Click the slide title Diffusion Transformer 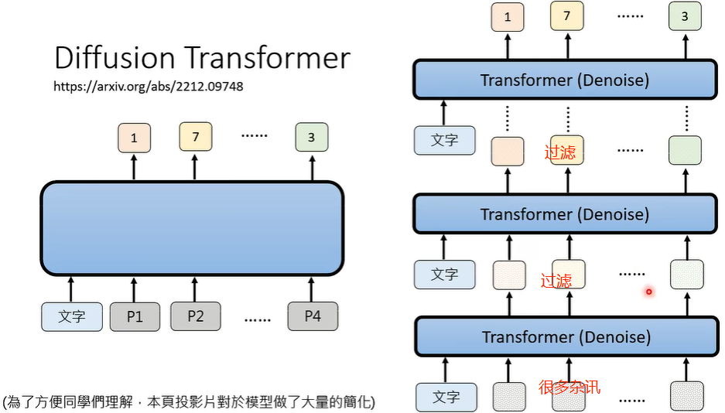coord(202,59)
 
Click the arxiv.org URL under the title coord(148,87)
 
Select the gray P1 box coord(135,316)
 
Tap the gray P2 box coord(195,316)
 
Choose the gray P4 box coord(313,316)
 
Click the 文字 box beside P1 coord(72,316)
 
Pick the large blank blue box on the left coord(191,228)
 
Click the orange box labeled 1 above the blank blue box coord(135,138)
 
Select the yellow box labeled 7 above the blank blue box coord(196,138)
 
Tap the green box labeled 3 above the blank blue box coord(312,138)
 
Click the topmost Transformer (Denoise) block coord(564,80)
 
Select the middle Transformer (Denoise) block coord(564,214)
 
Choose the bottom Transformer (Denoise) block coord(566,336)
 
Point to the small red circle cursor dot coord(649,292)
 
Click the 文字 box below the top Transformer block coord(445,140)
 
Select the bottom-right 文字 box coord(446,397)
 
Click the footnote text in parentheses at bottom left coord(189,402)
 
